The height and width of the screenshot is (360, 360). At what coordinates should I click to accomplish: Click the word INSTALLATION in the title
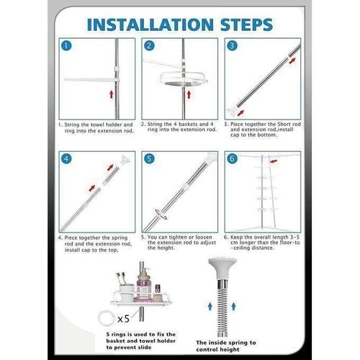150,24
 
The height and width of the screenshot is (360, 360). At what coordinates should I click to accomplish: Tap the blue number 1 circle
66,45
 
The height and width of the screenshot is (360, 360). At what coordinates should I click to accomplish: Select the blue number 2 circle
149,45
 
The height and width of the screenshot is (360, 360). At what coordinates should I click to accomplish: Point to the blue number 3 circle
232,45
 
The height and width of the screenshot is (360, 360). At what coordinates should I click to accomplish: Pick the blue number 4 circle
66,158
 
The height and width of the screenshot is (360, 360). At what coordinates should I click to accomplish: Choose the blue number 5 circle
149,158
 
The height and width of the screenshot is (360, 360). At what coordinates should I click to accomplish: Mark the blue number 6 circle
232,158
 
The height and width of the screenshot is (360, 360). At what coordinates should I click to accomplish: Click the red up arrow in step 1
112,94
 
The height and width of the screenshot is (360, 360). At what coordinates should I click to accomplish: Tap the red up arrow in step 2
189,94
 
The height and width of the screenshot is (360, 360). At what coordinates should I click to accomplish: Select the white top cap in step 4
125,159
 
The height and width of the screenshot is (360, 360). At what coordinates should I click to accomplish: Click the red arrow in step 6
274,161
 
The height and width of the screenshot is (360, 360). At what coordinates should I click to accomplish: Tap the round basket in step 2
183,78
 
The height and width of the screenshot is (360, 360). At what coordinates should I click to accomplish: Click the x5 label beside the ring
123,319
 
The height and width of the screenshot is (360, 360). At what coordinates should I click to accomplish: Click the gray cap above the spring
222,269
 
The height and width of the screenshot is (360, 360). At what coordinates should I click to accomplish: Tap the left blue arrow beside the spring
210,307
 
